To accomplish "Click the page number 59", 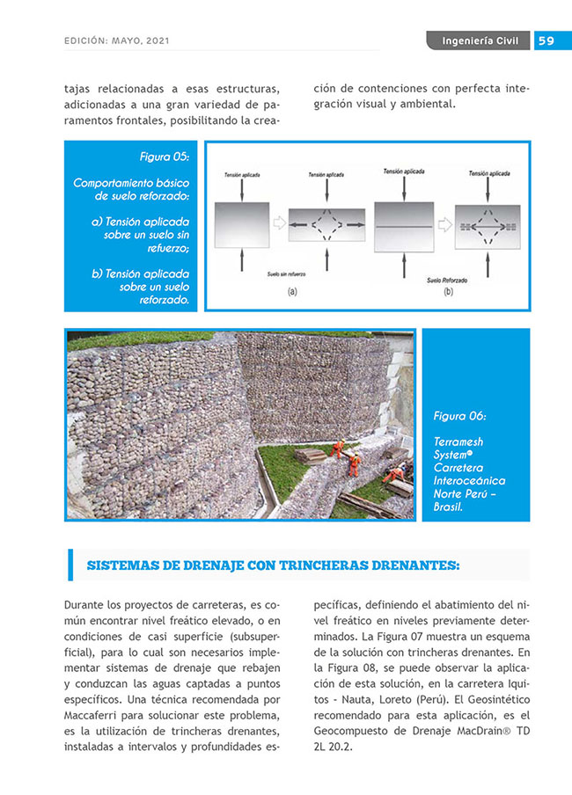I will (546, 40).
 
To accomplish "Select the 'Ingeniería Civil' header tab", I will (480, 40).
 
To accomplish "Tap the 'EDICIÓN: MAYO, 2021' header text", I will (117, 40).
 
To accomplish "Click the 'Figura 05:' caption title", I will (164, 157).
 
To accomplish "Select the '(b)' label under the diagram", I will (449, 291).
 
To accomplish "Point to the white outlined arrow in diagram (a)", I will (279, 225).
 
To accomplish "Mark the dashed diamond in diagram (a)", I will (326, 225).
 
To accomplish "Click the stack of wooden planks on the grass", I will (311, 455).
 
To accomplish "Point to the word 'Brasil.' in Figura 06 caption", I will (448, 507).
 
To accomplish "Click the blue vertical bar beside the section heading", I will (70, 565).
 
